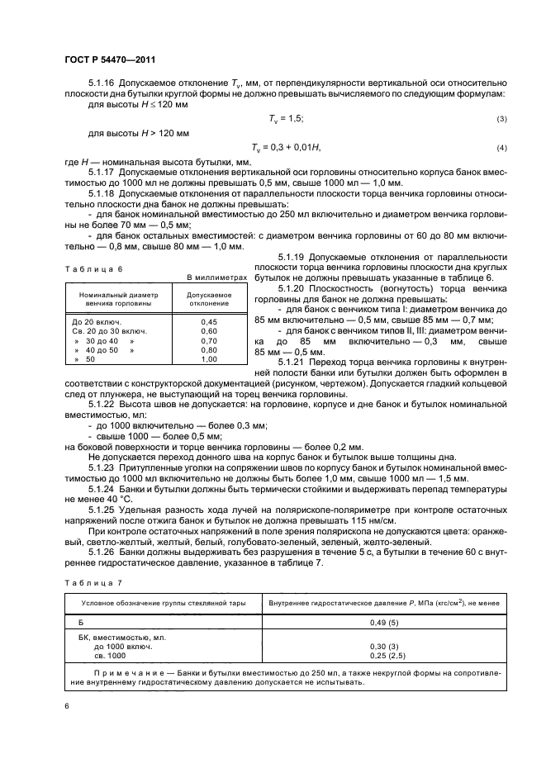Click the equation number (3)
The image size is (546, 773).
(501, 120)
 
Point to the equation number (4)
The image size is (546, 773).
(501, 147)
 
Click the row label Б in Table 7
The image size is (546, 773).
(80, 622)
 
